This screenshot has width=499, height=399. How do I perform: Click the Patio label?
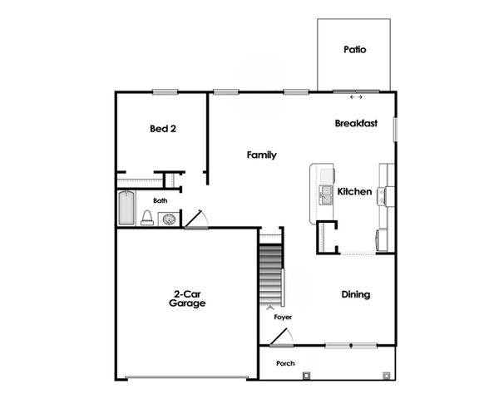[x=355, y=50]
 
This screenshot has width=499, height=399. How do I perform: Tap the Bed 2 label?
[x=163, y=129]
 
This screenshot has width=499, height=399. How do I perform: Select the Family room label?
[x=262, y=155]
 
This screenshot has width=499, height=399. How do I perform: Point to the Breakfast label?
[x=356, y=124]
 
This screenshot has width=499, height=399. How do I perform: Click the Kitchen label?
[x=354, y=192]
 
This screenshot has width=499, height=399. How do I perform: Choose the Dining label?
[x=356, y=295]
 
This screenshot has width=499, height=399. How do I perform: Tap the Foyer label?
[x=283, y=318]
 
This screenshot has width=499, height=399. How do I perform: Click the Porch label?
[x=285, y=363]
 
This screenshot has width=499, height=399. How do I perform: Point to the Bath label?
[x=161, y=200]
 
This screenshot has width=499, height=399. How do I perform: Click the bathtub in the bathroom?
[x=126, y=208]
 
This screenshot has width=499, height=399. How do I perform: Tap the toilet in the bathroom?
[x=147, y=218]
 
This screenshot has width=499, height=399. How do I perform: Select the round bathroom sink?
[x=169, y=219]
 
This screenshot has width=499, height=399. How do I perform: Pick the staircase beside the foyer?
[x=269, y=274]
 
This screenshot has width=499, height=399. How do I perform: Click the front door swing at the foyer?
[x=282, y=337]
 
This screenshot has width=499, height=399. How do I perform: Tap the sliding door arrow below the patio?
[x=356, y=97]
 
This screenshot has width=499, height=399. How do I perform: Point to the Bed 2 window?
[x=166, y=91]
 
